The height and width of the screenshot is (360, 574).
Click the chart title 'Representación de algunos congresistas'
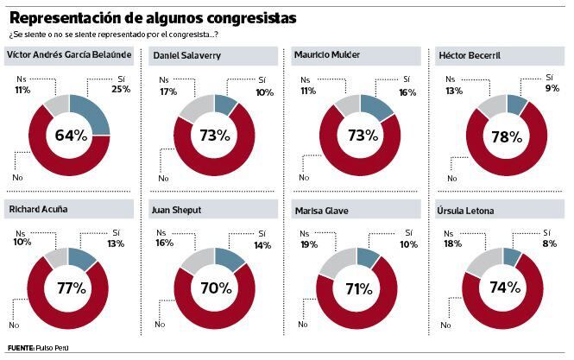click(x=156, y=17)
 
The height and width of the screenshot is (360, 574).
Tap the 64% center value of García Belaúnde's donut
click(x=70, y=135)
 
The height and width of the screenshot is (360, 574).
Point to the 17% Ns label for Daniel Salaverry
click(x=165, y=92)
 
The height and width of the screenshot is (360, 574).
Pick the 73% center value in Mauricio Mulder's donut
click(x=360, y=135)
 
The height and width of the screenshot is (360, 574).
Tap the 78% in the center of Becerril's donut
click(x=506, y=136)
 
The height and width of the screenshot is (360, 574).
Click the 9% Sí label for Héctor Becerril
click(x=553, y=87)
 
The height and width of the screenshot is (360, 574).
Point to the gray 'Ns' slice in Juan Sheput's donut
click(x=192, y=261)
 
